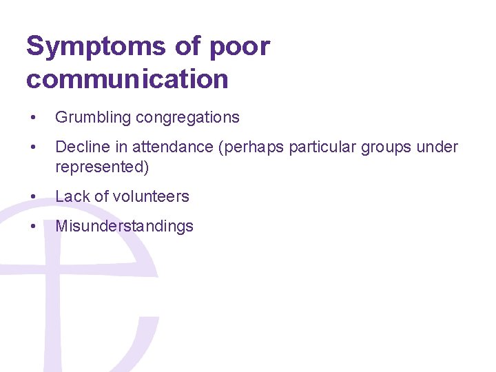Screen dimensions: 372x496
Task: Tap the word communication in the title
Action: point(127,79)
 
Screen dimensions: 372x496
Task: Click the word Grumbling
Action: point(93,118)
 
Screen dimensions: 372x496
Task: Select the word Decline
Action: point(80,147)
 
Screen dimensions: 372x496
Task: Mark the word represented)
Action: point(102,167)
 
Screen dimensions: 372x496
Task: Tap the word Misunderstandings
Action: point(124,226)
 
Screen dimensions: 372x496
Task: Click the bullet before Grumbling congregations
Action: point(33,118)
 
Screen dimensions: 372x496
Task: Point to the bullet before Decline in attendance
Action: point(33,147)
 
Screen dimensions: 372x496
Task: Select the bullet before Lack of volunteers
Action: point(33,196)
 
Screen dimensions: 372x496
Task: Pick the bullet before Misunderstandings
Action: point(33,226)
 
